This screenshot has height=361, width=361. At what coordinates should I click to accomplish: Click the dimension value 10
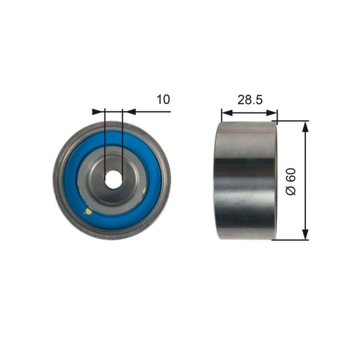163,99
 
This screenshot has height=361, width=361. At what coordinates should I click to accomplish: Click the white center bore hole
113,178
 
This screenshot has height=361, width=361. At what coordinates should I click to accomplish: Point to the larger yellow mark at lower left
87,210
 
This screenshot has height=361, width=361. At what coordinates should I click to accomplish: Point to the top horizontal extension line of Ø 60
292,121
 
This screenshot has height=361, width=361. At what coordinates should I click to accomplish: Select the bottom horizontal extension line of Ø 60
292,240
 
